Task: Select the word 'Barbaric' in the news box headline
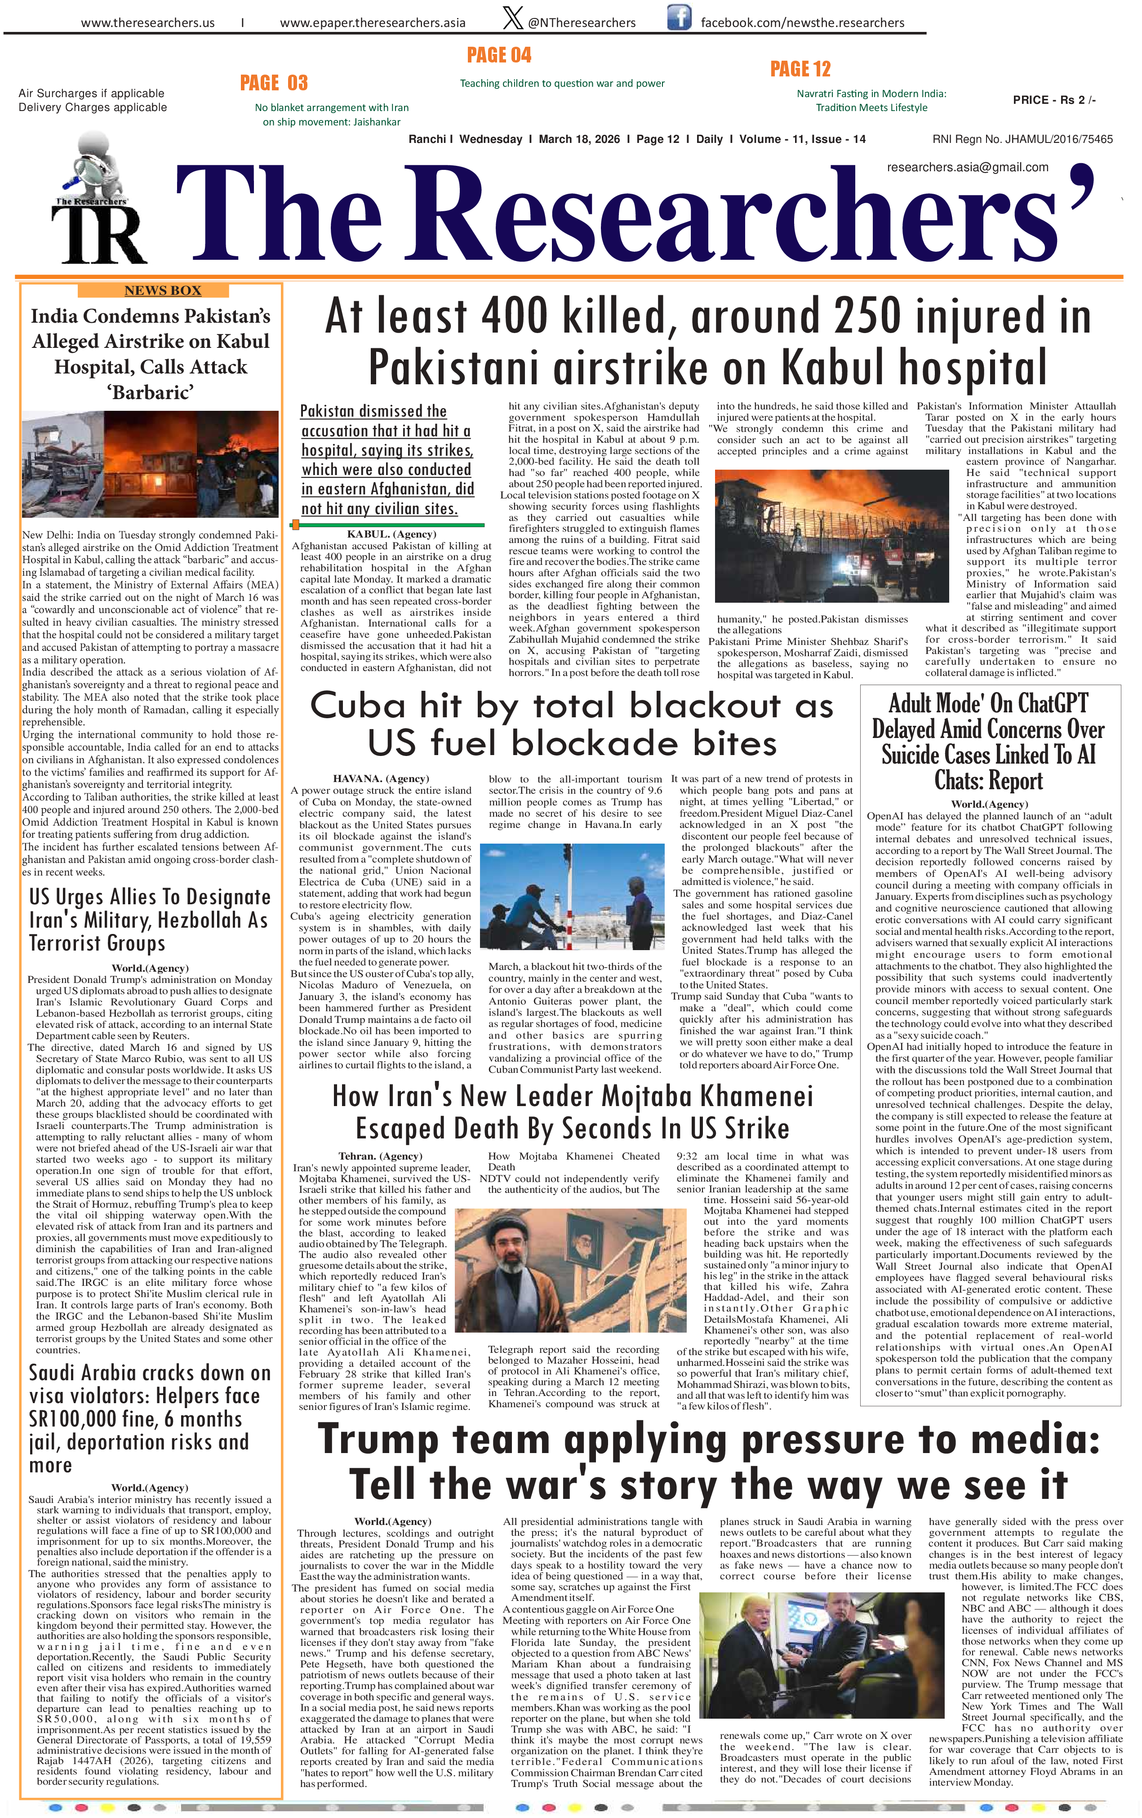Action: coord(150,393)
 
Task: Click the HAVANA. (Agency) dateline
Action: coord(380,778)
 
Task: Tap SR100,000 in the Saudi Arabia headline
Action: coord(93,1418)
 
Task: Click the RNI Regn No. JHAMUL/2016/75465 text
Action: coord(1022,139)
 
